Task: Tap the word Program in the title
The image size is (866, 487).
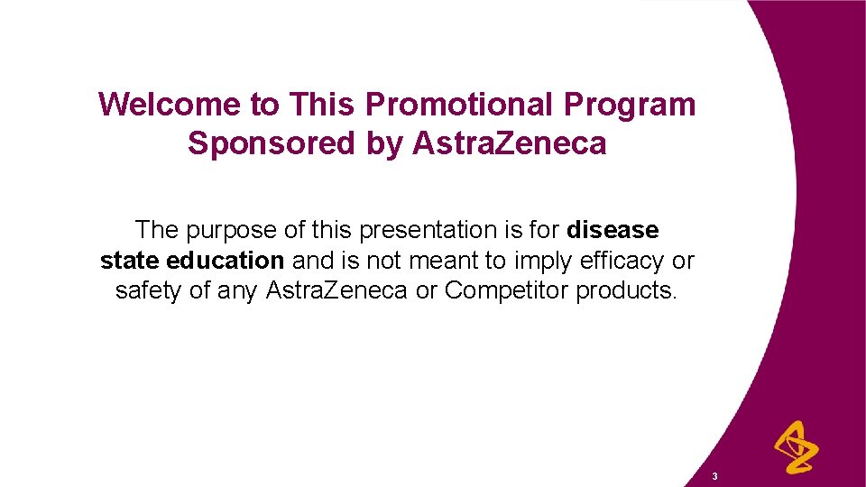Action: pyautogui.click(x=631, y=105)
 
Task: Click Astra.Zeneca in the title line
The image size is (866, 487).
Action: pyautogui.click(x=510, y=143)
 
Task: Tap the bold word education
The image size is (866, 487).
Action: pyautogui.click(x=226, y=262)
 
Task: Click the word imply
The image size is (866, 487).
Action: pyautogui.click(x=544, y=262)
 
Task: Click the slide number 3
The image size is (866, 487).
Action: pyautogui.click(x=714, y=475)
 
